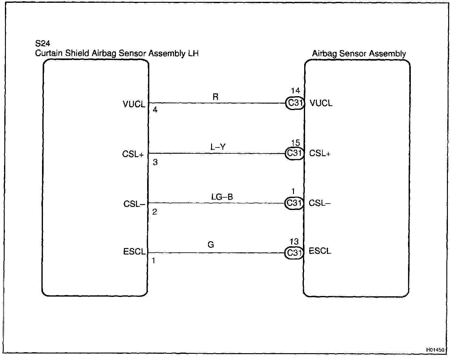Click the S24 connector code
(43, 44)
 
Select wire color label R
(215, 97)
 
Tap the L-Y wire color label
(218, 147)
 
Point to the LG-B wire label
(222, 197)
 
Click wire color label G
(211, 245)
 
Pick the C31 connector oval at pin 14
(295, 103)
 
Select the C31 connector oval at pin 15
(294, 153)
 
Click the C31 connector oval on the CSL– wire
(294, 203)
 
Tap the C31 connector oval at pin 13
(294, 253)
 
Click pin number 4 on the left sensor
(155, 110)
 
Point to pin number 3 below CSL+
(155, 162)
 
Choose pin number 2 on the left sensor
(155, 212)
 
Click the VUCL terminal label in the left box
(134, 104)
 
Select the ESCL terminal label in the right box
(320, 251)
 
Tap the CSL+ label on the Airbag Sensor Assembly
(320, 153)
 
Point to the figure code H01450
(435, 350)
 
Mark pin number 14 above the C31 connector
(296, 91)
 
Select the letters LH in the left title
(193, 53)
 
